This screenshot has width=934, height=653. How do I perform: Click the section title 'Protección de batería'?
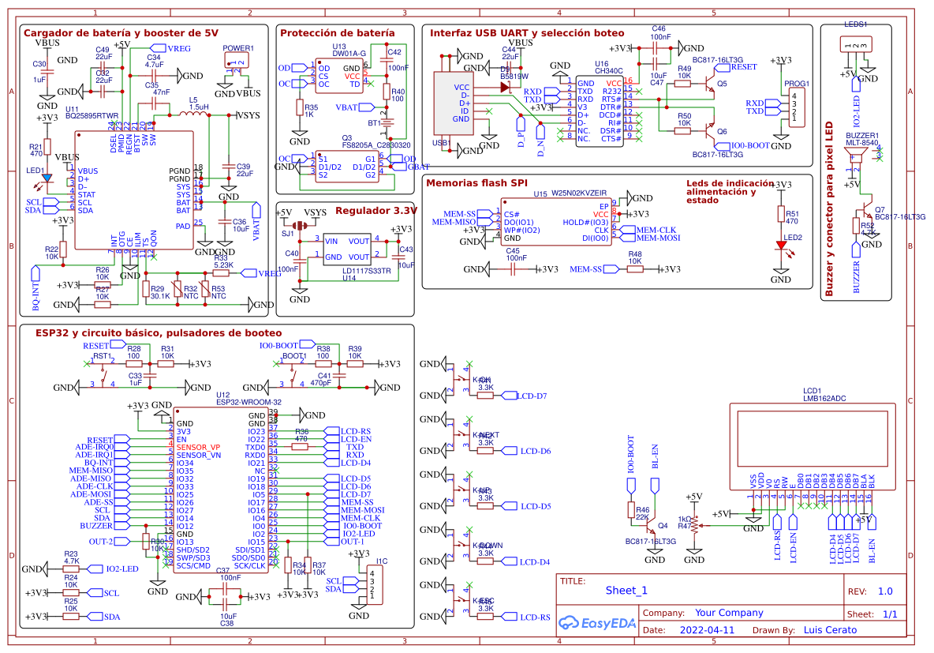coord(338,33)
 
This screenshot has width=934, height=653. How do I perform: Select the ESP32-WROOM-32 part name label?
coord(248,402)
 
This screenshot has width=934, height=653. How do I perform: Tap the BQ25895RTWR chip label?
coord(92,115)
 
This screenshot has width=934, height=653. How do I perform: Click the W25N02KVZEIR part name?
coord(579,193)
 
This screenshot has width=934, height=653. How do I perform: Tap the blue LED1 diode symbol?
coord(47,178)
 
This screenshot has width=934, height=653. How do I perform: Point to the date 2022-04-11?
coord(706,631)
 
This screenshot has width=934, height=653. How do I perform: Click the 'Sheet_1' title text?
coord(626,591)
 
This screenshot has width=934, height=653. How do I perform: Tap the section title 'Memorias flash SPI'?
coord(476,183)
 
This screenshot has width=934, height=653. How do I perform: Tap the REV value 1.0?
coord(885,591)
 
